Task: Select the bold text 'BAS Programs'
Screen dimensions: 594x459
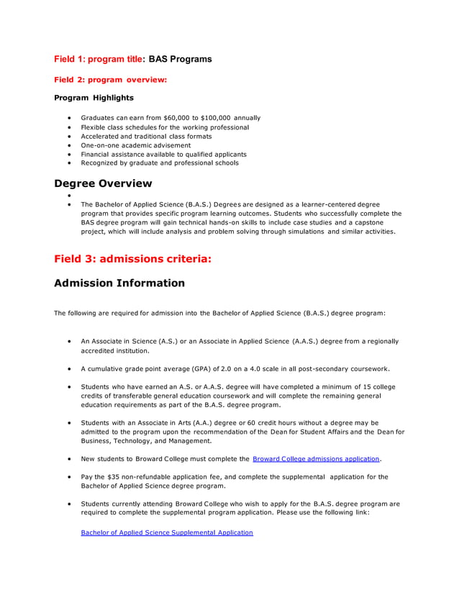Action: click(180, 59)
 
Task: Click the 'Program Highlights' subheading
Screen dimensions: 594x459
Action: click(94, 98)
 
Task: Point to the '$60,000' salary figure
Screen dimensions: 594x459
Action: click(176, 117)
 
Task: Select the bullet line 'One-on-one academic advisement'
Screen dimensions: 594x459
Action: click(135, 145)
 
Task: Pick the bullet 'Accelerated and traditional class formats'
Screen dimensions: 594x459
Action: click(146, 136)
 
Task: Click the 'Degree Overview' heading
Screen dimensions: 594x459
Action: click(103, 183)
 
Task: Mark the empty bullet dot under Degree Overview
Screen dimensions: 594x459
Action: click(68, 196)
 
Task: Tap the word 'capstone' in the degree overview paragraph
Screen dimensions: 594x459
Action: click(378, 223)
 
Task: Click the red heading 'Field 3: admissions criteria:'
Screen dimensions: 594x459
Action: click(132, 259)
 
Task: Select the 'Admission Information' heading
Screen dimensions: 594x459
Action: click(119, 283)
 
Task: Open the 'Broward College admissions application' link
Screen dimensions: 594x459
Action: click(316, 458)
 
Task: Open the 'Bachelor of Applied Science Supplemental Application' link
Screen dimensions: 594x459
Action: click(167, 533)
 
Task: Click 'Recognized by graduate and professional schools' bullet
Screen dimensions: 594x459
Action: click(160, 163)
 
